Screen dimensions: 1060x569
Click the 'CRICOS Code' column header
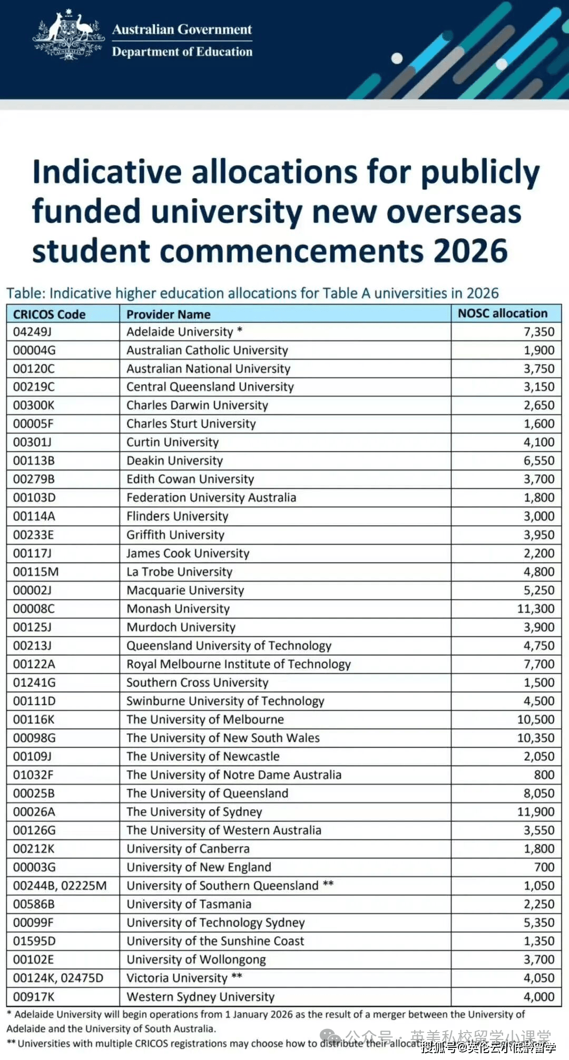[x=49, y=315]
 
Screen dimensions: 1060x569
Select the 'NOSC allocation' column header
[x=503, y=313]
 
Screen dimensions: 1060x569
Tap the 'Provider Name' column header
[x=168, y=315]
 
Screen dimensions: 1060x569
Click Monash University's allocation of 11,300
[x=535, y=609]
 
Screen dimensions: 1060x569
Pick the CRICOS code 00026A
[x=34, y=812]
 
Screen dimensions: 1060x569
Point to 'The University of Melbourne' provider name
[x=205, y=720]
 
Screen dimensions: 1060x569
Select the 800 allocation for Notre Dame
[x=544, y=775]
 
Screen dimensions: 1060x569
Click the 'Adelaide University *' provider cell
[x=184, y=332]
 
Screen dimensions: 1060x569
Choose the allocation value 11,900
[x=535, y=812]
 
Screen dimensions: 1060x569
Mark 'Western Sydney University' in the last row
[x=200, y=997]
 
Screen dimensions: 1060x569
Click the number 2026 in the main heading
[x=470, y=251]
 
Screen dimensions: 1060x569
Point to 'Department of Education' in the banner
[x=182, y=52]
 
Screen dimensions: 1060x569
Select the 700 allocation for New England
[x=544, y=867]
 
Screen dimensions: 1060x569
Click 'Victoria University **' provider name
[x=184, y=978]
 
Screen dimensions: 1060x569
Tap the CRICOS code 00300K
[x=34, y=406]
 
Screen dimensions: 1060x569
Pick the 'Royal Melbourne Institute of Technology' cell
[x=238, y=664]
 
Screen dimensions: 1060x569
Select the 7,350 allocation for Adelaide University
[x=538, y=332]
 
